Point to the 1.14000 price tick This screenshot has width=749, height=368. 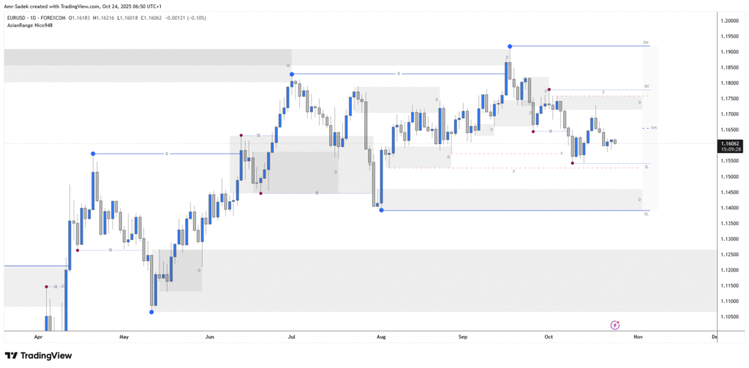tap(730, 208)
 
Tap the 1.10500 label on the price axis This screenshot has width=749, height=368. tap(730, 317)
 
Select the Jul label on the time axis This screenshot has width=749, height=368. tap(292, 337)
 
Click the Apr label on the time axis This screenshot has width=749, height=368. tap(39, 337)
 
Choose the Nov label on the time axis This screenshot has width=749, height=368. tap(638, 337)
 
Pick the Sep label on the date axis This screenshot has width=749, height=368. tap(462, 337)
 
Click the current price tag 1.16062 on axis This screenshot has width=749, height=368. tap(730, 144)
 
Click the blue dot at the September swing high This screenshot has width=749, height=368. tap(510, 46)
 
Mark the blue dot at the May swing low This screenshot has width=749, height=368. tap(151, 312)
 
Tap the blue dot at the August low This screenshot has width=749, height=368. tap(382, 210)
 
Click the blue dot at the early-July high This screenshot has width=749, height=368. tap(292, 74)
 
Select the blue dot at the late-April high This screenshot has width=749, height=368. tap(93, 154)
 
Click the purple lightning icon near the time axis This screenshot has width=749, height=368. tap(615, 324)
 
